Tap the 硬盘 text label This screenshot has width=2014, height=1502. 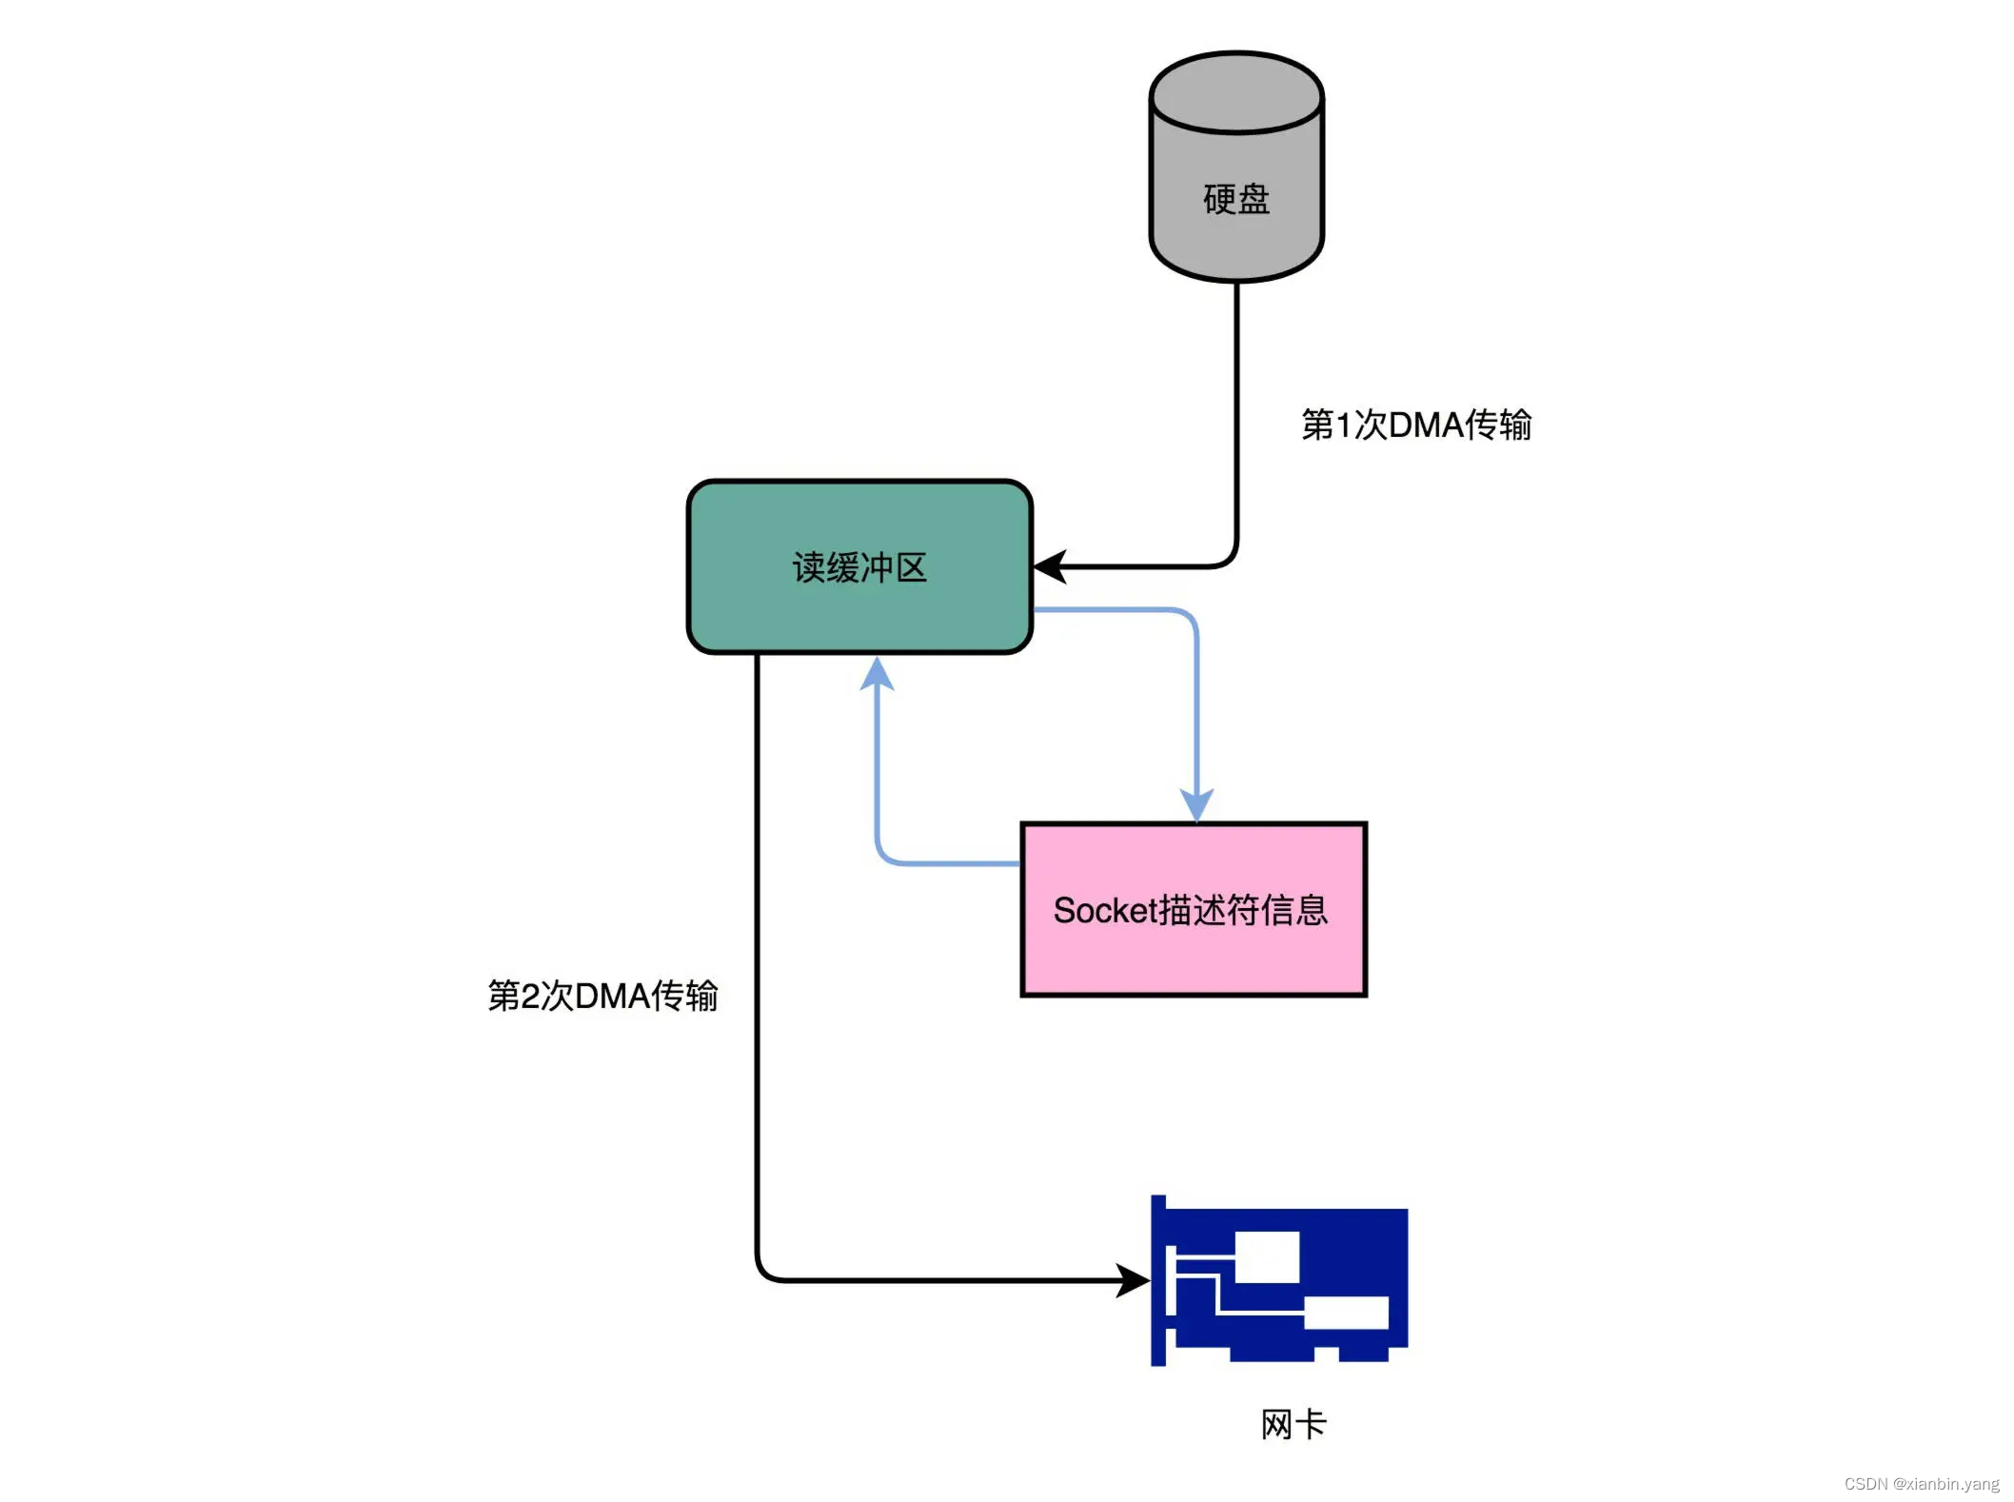(x=1235, y=199)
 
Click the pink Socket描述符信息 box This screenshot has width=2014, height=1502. (x=1194, y=952)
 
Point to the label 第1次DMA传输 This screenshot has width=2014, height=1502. (x=1415, y=425)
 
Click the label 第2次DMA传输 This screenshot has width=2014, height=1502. (x=602, y=996)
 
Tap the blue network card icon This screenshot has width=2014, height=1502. (x=1278, y=1280)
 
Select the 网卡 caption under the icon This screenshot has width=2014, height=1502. (x=1293, y=1424)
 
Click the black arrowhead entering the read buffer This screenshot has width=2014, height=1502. (x=1049, y=566)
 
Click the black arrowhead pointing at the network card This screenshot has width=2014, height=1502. (x=1133, y=1280)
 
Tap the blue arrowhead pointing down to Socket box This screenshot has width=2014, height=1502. (x=1196, y=804)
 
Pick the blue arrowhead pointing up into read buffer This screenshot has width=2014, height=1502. (x=877, y=673)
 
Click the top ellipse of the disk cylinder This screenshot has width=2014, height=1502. (x=1235, y=93)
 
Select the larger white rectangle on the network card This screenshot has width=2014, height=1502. (x=1267, y=1256)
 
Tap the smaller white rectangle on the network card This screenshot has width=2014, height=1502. (x=1346, y=1313)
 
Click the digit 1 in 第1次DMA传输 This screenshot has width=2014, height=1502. (x=1343, y=425)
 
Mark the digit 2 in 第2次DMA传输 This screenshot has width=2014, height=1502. (x=530, y=997)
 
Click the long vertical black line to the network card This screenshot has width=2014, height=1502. (x=758, y=952)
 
